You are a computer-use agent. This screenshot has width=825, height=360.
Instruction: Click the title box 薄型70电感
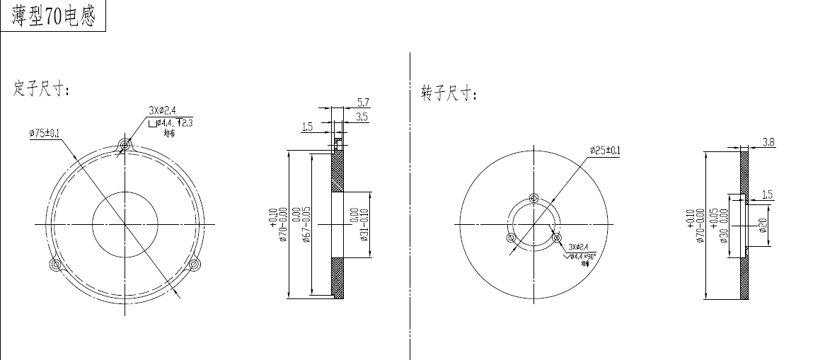pos(53,16)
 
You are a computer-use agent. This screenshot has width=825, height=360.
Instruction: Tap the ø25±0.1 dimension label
pos(605,150)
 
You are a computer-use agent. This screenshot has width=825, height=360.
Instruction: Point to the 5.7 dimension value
pos(362,103)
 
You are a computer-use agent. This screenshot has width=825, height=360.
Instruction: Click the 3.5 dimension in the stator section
pos(362,117)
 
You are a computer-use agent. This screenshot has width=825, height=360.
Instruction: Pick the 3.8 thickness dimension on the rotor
pos(768,143)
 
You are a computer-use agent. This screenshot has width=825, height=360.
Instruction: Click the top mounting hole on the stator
pos(125,146)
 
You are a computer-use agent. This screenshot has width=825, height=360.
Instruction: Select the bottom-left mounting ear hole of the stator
pos(55,265)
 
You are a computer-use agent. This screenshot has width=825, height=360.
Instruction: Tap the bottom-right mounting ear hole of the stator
pos(194,265)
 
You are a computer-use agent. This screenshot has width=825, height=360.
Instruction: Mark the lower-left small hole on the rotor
pos(511,238)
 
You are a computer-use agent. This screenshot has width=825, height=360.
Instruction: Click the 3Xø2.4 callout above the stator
pos(162,110)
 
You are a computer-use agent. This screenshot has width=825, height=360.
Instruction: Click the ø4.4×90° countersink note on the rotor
pos(584,255)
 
